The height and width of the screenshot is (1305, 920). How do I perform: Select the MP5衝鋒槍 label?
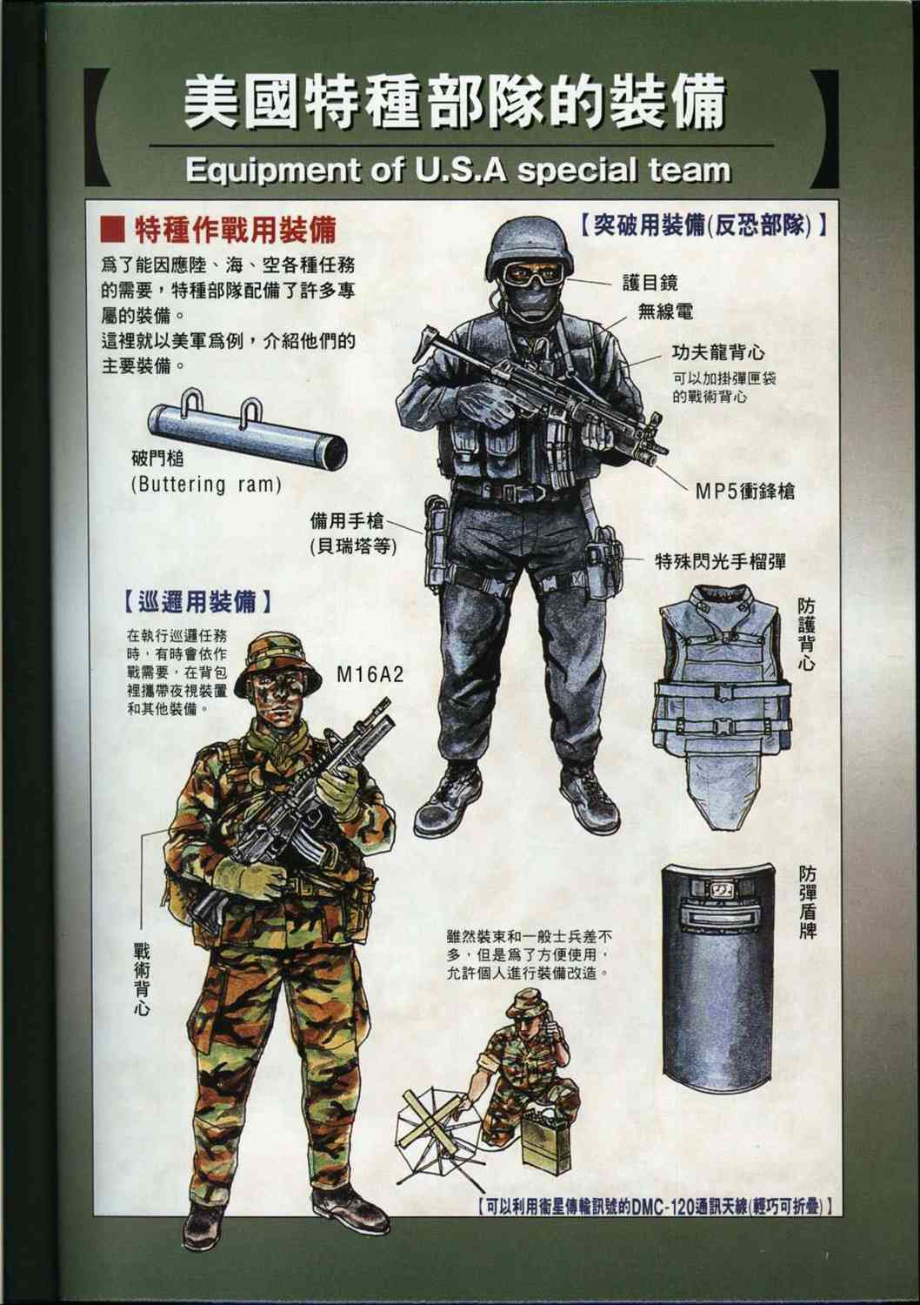coord(743,490)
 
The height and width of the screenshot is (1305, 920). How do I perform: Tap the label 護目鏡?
coord(650,282)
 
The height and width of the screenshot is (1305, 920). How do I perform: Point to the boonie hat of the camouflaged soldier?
coord(276,657)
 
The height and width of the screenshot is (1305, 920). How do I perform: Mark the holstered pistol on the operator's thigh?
coord(435,544)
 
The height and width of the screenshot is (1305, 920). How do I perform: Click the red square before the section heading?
coord(113,230)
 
